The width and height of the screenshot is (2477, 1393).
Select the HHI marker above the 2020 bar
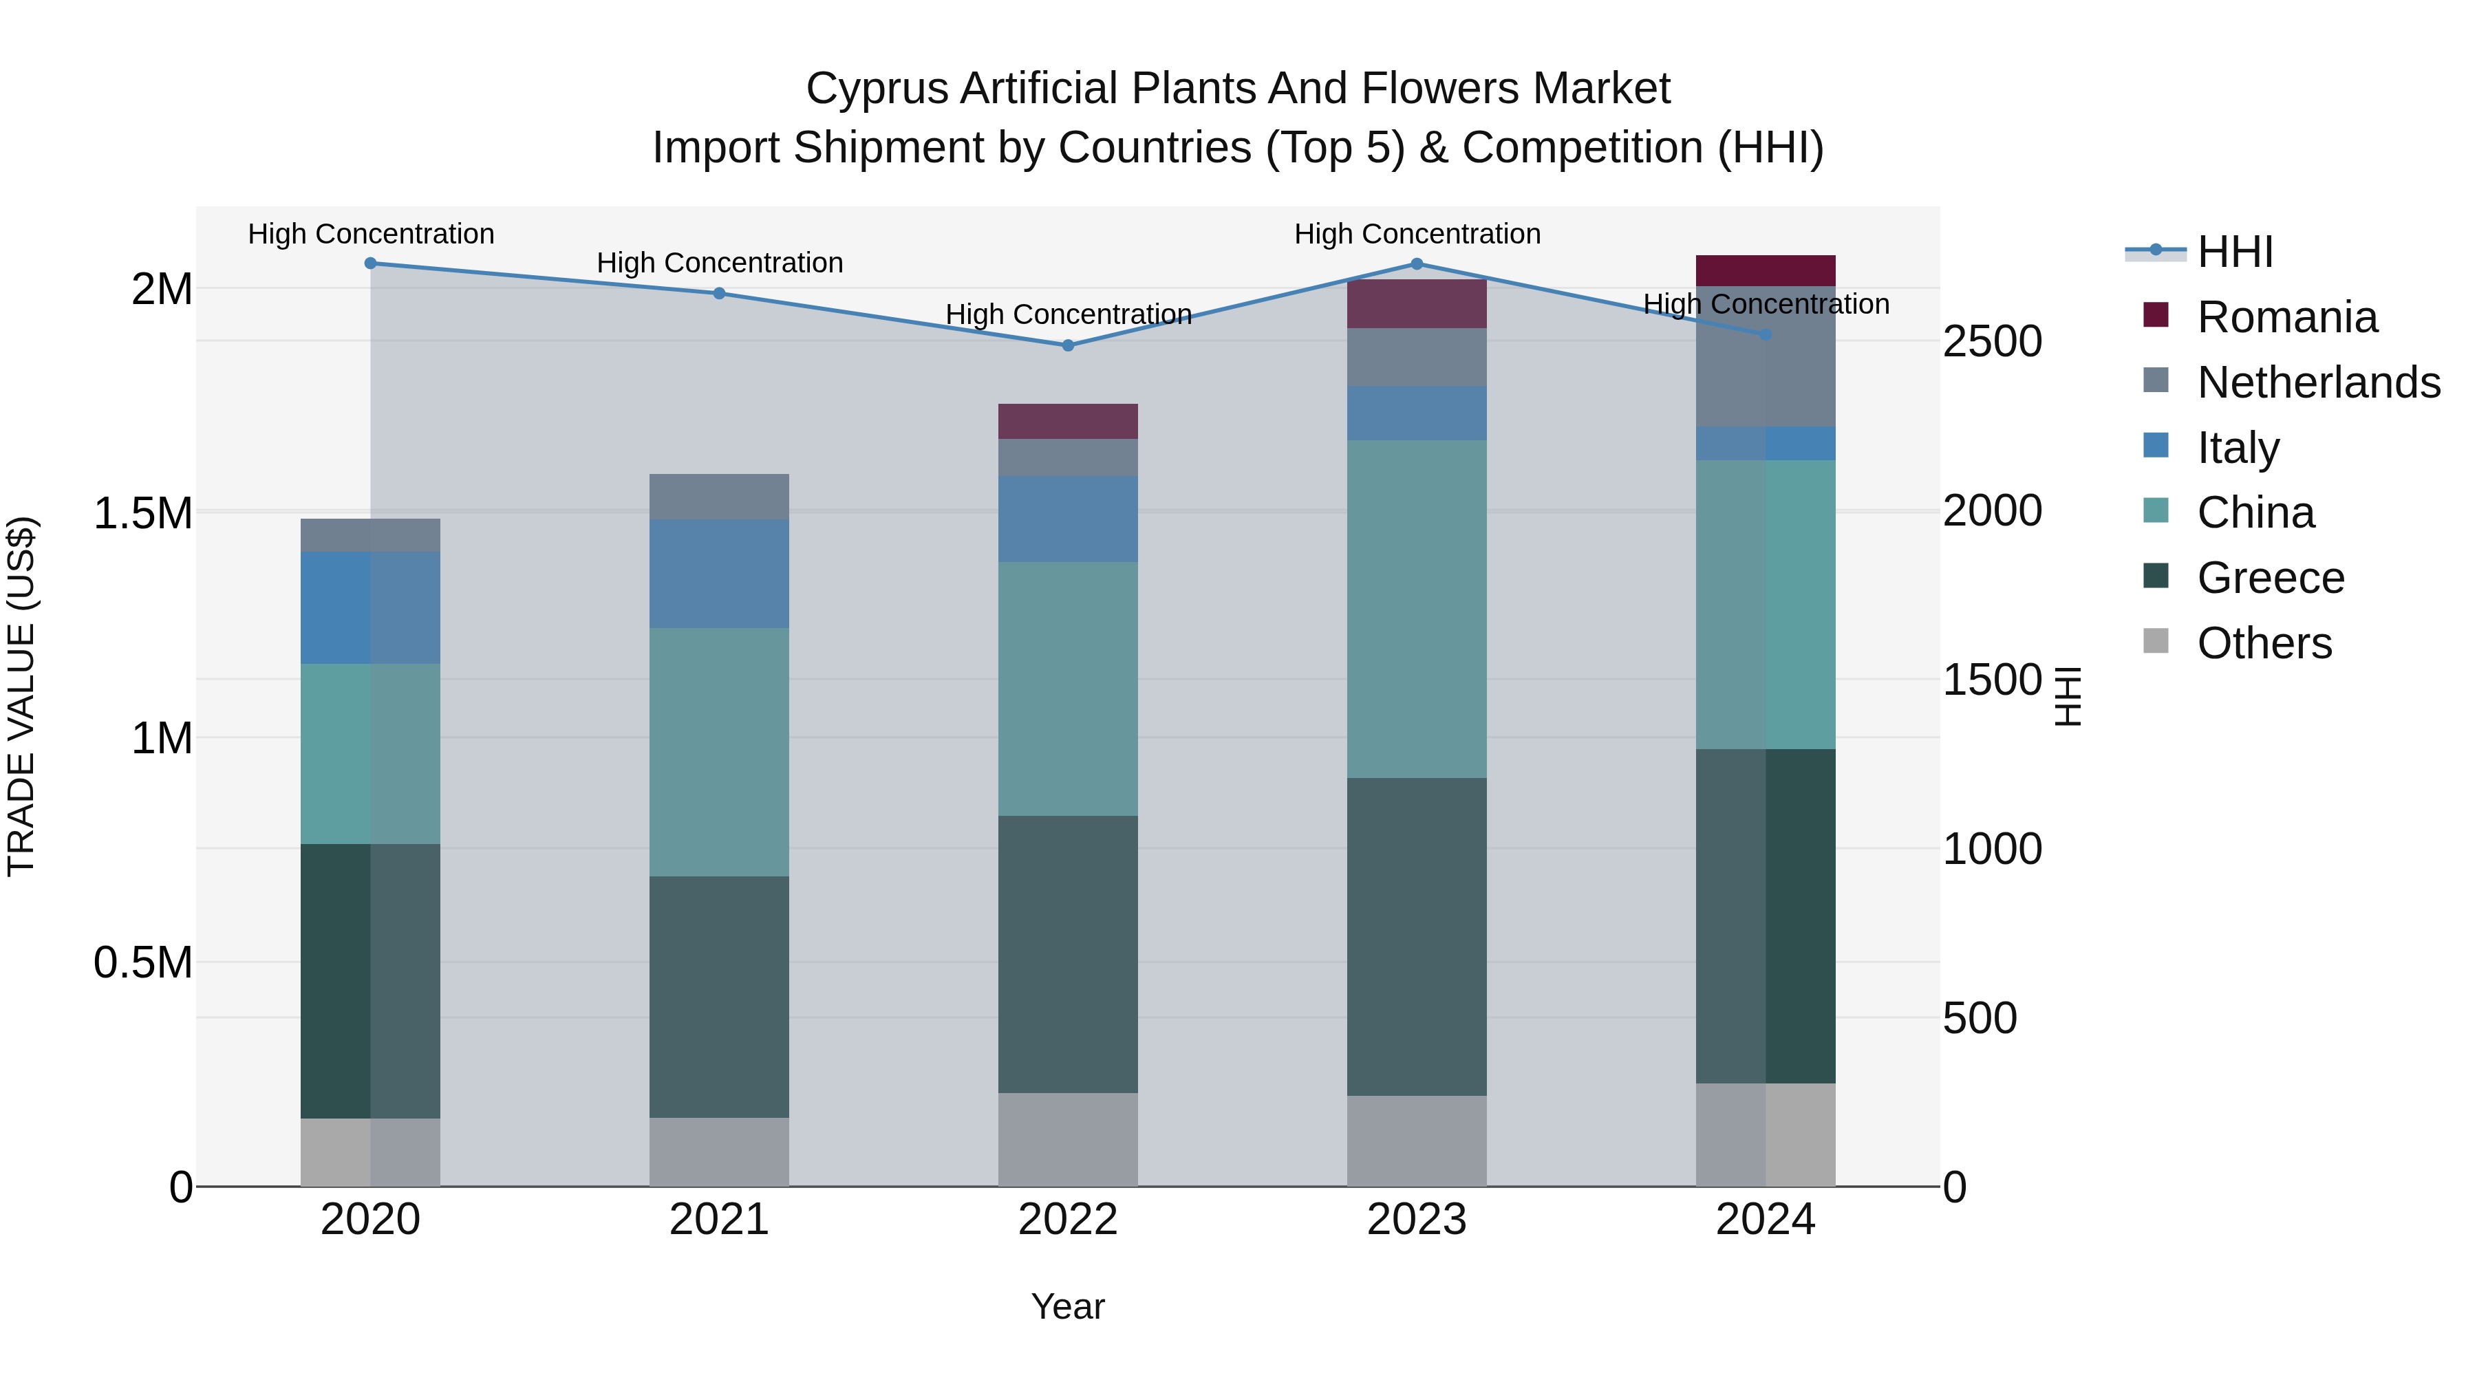[x=370, y=263]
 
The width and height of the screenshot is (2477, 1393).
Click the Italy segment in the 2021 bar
[x=718, y=574]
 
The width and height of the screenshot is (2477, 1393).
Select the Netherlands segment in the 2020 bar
[x=370, y=534]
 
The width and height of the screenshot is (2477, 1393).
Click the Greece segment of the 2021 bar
[x=718, y=996]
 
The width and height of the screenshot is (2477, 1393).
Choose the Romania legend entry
[x=2286, y=317]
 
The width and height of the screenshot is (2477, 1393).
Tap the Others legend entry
[x=2264, y=643]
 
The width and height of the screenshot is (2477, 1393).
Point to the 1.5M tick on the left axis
[x=143, y=513]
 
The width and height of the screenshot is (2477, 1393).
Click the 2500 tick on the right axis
[x=1991, y=343]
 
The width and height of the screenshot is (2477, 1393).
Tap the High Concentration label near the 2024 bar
[x=1766, y=304]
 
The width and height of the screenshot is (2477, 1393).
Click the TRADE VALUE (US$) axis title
[x=21, y=696]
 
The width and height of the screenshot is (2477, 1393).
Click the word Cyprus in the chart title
[x=876, y=89]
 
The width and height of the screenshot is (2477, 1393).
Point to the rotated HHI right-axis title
[x=2068, y=696]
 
